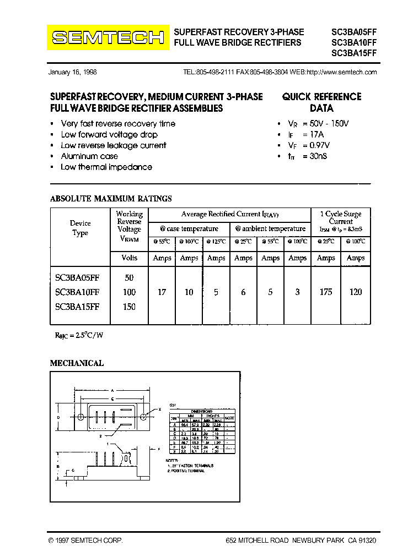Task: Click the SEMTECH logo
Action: (x=108, y=37)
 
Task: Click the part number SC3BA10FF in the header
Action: (x=353, y=43)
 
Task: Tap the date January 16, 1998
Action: (x=73, y=73)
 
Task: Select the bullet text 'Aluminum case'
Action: (x=89, y=156)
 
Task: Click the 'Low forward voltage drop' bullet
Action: (x=109, y=135)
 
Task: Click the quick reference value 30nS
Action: (x=316, y=157)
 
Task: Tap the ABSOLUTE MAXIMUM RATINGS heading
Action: (x=111, y=199)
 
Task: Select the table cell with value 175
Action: (x=326, y=292)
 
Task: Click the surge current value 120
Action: (x=356, y=292)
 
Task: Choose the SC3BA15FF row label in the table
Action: (x=78, y=307)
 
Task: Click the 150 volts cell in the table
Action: (x=129, y=307)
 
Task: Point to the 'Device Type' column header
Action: (x=80, y=228)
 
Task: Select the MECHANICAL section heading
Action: (x=77, y=363)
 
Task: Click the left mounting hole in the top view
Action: (x=82, y=417)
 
